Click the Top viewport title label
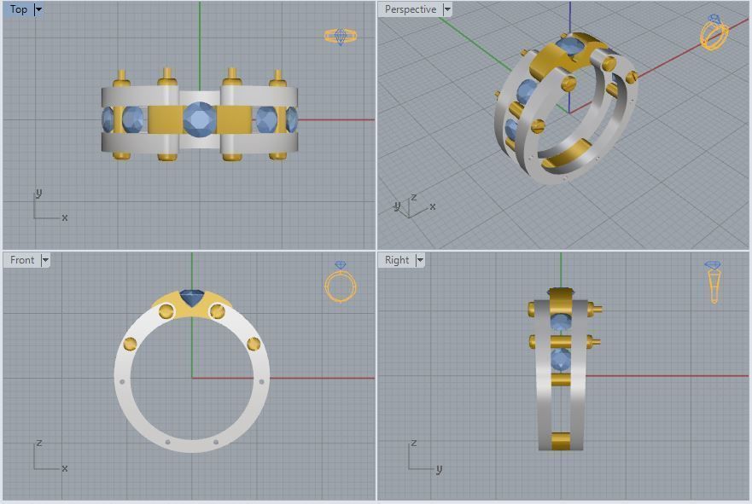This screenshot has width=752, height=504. click(x=19, y=9)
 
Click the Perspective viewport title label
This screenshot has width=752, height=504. click(x=410, y=9)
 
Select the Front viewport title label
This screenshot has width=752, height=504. click(x=22, y=260)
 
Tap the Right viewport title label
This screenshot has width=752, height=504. click(x=397, y=260)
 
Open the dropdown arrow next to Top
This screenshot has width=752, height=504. click(x=38, y=9)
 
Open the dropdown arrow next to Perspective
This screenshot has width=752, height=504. click(x=447, y=9)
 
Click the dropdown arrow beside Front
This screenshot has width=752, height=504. click(x=45, y=260)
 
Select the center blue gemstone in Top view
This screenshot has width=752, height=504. click(x=199, y=119)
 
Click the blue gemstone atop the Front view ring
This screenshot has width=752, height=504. click(x=191, y=299)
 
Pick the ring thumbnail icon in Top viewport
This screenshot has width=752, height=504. click(x=341, y=36)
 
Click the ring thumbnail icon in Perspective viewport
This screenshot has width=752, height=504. click(x=714, y=33)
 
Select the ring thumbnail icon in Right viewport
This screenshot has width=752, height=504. click(x=714, y=282)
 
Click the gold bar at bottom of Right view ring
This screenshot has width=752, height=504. click(x=560, y=440)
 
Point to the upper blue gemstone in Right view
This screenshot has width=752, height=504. click(x=560, y=322)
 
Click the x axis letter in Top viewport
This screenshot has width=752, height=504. click(x=65, y=217)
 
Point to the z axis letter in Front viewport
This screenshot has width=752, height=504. click(x=39, y=444)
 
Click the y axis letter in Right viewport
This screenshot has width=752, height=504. click(x=439, y=469)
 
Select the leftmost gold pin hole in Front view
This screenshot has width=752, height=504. click(x=131, y=344)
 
